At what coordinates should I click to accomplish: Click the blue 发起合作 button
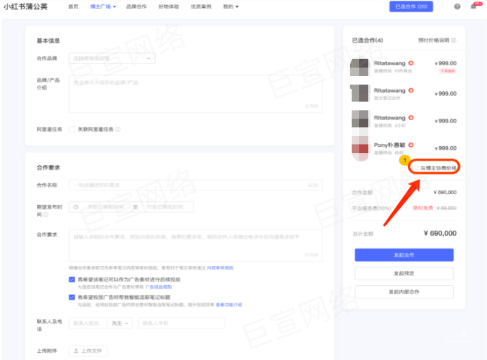pyautogui.click(x=404, y=255)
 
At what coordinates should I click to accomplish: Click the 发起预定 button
pyautogui.click(x=404, y=274)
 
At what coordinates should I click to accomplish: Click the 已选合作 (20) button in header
pyautogui.click(x=411, y=7)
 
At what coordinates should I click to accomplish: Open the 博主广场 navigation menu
pyautogui.click(x=100, y=7)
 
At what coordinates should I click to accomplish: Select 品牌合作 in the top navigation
pyautogui.click(x=136, y=7)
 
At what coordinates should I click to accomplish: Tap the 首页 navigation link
pyautogui.click(x=73, y=7)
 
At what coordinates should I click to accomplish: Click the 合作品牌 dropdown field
pyautogui.click(x=112, y=59)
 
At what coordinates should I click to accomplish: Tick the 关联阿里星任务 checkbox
pyautogui.click(x=73, y=129)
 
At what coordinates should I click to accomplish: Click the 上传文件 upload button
pyautogui.click(x=89, y=350)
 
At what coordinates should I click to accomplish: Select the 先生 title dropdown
pyautogui.click(x=120, y=323)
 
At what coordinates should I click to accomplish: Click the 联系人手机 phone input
pyautogui.click(x=181, y=323)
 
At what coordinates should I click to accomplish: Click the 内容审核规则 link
pyautogui.click(x=220, y=268)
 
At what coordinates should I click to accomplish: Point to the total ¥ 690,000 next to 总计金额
pyautogui.click(x=440, y=233)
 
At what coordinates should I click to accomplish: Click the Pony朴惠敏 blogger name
pyautogui.click(x=390, y=145)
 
